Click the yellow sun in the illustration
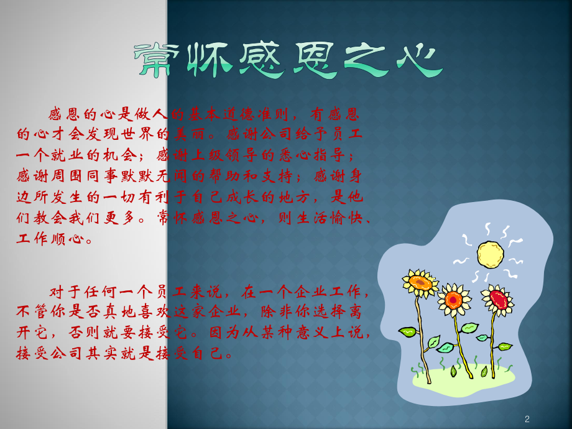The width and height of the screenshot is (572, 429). tap(489, 254)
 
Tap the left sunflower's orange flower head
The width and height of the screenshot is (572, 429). tap(420, 284)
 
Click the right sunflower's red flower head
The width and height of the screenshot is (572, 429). tap(499, 299)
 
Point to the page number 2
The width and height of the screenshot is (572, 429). tap(527, 418)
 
